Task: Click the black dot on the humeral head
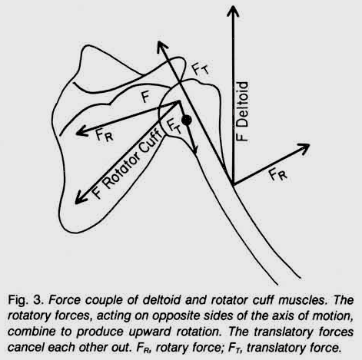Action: pyautogui.click(x=186, y=120)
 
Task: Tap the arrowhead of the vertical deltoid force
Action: pyautogui.click(x=233, y=11)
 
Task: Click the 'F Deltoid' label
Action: pyautogui.click(x=242, y=111)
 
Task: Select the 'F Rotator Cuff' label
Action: pyautogui.click(x=128, y=163)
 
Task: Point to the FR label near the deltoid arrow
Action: pyautogui.click(x=278, y=175)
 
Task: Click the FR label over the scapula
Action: pyautogui.click(x=105, y=135)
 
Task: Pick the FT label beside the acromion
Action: pyautogui.click(x=201, y=69)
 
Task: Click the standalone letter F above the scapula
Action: pyautogui.click(x=145, y=97)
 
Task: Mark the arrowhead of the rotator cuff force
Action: pyautogui.click(x=80, y=199)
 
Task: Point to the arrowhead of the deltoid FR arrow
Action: pyautogui.click(x=304, y=148)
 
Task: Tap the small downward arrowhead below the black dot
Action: pyautogui.click(x=194, y=150)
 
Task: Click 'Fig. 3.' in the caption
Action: pyautogui.click(x=25, y=299)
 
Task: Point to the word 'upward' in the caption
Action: pyautogui.click(x=150, y=332)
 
